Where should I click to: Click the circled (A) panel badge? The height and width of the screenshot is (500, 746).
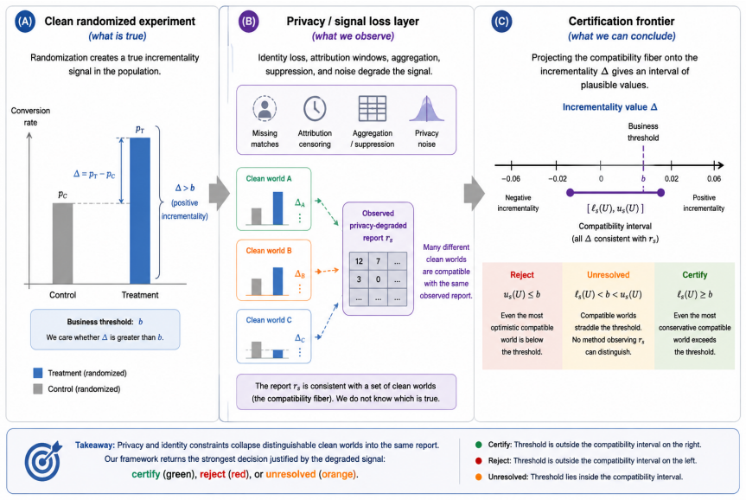(25, 22)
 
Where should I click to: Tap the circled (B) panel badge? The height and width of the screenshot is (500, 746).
(248, 22)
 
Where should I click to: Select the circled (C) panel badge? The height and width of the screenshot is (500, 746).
(501, 22)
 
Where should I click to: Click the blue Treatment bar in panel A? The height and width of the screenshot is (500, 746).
(140, 211)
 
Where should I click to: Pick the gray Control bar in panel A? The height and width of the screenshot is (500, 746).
(63, 244)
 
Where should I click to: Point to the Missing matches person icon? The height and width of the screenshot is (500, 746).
(265, 109)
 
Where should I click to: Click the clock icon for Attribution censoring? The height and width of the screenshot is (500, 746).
(315, 109)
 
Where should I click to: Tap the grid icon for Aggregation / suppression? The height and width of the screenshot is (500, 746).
(372, 109)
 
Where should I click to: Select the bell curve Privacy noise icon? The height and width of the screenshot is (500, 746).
(427, 109)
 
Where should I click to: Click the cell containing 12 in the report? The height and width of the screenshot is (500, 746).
(359, 261)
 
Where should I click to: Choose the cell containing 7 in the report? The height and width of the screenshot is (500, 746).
(379, 261)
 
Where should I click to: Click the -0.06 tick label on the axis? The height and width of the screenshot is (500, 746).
(511, 178)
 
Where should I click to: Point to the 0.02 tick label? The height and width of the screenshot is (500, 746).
(672, 178)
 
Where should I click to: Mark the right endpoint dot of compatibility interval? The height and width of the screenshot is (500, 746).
(660, 193)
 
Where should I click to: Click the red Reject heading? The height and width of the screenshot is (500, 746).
(522, 275)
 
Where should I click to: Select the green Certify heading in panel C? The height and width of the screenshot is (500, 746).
(695, 275)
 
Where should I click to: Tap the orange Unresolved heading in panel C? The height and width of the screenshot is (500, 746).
(608, 275)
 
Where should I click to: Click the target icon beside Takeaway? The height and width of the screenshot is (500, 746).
(43, 460)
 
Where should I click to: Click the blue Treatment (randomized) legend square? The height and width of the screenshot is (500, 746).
(38, 373)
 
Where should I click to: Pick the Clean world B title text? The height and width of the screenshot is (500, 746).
(269, 251)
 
